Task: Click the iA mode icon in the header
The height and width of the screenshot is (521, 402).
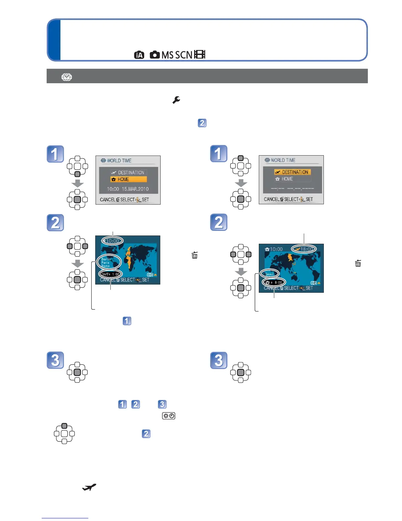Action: (x=139, y=55)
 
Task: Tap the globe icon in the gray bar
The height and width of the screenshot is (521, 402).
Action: (x=67, y=77)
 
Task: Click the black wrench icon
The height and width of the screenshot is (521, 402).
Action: (x=176, y=100)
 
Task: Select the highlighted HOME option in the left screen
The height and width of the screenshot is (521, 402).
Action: (x=128, y=179)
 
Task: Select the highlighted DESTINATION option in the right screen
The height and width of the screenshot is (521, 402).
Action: (x=292, y=172)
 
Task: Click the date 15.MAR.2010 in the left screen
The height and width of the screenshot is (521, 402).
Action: (x=135, y=189)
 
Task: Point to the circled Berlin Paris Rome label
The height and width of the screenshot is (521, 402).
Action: (x=109, y=262)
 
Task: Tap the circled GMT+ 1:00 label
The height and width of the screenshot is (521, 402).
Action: (x=111, y=274)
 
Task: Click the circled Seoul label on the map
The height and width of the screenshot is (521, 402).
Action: (x=270, y=274)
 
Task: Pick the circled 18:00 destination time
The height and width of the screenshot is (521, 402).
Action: (x=304, y=249)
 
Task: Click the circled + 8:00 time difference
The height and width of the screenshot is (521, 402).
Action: (x=274, y=282)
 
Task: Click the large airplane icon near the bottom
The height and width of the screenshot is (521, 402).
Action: (x=89, y=487)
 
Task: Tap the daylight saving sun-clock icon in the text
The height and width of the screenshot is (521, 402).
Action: (x=168, y=416)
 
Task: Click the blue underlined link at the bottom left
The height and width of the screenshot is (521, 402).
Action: (x=65, y=518)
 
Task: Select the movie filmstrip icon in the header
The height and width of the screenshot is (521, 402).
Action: (x=200, y=55)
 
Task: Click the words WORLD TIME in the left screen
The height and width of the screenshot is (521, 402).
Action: (x=119, y=161)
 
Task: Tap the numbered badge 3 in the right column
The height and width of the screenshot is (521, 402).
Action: (x=219, y=360)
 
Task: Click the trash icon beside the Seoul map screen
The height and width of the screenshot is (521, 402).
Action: (x=358, y=263)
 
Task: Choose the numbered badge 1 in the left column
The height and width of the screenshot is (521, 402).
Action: (x=55, y=154)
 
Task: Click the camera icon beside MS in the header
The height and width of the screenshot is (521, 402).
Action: (x=154, y=55)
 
